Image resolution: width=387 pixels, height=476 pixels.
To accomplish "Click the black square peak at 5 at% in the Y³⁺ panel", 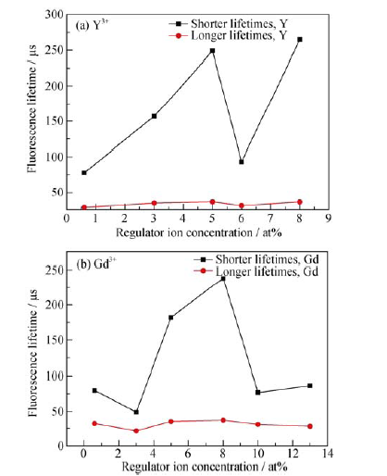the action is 212,51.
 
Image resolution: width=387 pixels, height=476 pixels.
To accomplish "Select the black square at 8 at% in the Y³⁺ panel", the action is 300,40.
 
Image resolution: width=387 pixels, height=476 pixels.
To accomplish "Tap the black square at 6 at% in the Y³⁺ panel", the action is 242,162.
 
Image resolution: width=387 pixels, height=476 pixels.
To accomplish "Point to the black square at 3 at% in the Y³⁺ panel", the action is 154,116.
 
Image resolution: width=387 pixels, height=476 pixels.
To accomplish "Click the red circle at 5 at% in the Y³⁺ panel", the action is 212,202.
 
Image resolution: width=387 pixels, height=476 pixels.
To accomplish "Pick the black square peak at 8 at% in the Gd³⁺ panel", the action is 223,279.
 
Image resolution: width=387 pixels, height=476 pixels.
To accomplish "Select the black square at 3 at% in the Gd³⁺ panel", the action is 136,412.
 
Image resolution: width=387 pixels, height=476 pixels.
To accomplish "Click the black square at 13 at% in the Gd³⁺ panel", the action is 310,386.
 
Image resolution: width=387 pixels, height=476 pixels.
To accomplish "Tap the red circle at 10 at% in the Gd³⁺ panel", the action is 258,424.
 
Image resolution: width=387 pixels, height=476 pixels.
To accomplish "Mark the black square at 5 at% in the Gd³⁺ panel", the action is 171,318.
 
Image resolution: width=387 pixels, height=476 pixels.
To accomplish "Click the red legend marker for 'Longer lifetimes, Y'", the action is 179,36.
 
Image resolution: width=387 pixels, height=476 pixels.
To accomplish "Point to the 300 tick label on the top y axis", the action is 54,14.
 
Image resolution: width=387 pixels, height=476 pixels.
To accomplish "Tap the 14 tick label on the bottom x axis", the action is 327,453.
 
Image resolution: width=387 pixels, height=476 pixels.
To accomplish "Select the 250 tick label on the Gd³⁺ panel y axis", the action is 55,269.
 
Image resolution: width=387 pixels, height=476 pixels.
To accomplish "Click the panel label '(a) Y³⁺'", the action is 92,25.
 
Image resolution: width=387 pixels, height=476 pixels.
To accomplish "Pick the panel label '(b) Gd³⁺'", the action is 96,264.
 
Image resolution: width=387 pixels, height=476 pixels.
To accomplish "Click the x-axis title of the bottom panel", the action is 205,466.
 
